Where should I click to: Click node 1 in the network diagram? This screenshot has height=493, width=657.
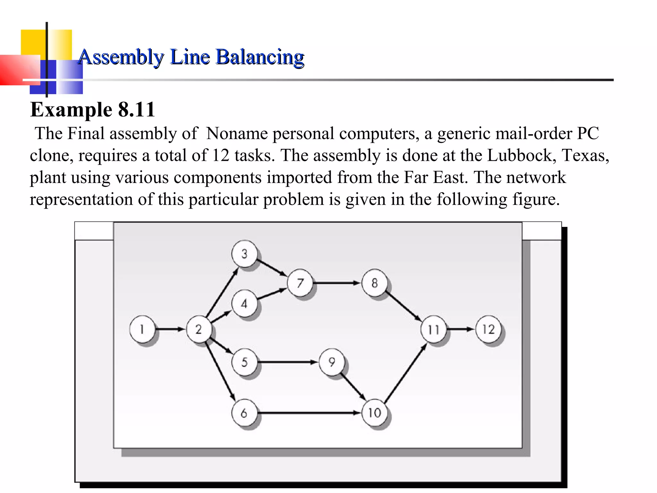[142, 329]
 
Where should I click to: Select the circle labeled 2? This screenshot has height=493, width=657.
[199, 329]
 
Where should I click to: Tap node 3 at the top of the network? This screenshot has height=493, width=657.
[244, 254]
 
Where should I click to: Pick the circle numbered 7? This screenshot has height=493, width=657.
[300, 283]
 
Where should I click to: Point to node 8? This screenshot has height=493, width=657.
[374, 283]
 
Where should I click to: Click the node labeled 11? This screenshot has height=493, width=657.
[433, 329]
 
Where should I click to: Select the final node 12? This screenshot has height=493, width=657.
[488, 329]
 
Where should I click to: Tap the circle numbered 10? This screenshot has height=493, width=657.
[374, 412]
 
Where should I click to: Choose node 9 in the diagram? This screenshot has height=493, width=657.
[332, 362]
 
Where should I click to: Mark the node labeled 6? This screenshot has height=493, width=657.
[244, 413]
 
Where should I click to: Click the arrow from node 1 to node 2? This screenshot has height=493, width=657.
[170, 329]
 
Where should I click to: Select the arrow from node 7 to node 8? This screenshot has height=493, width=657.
[337, 283]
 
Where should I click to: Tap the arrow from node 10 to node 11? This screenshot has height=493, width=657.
[405, 373]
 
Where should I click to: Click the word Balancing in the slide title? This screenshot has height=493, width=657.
[260, 57]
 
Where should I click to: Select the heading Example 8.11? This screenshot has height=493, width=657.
[93, 109]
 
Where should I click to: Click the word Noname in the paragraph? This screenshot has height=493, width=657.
[237, 134]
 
